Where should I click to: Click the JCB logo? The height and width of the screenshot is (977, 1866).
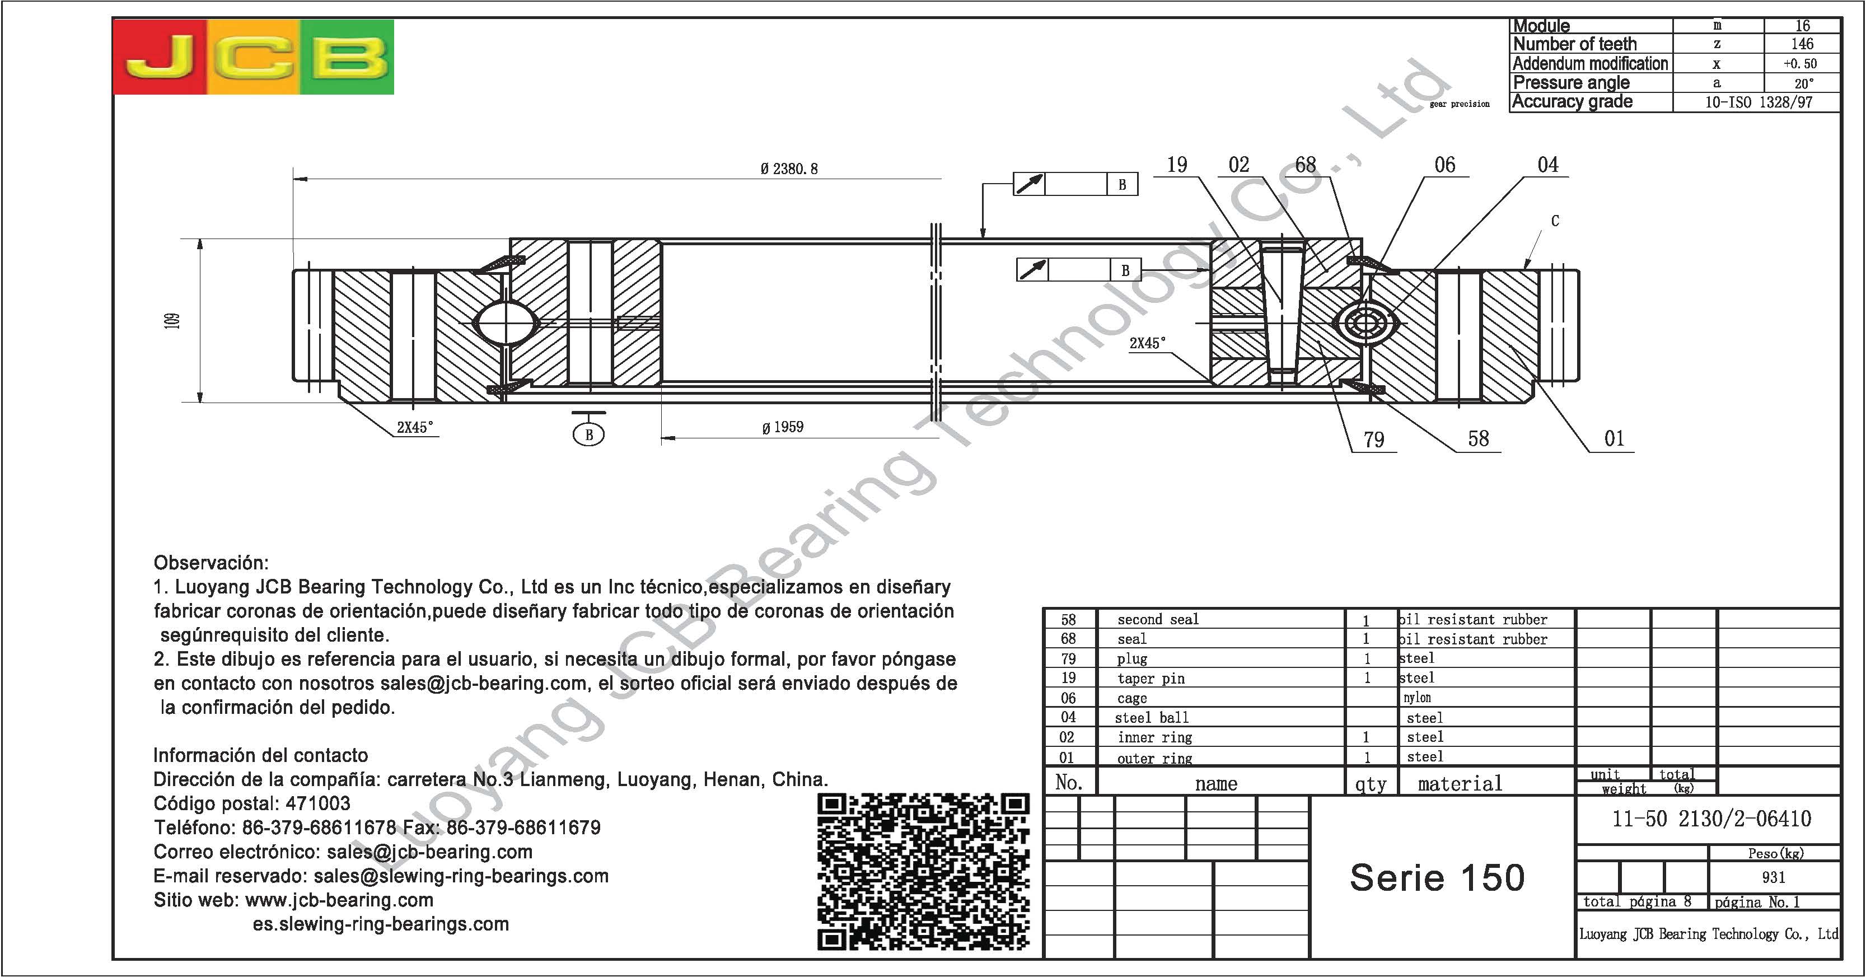point(254,57)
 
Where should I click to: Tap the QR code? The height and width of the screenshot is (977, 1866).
point(924,872)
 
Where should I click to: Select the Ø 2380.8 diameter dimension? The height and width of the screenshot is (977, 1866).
point(789,169)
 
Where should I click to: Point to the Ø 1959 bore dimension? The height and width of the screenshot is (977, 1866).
point(782,427)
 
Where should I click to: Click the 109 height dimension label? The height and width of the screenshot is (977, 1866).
point(172,320)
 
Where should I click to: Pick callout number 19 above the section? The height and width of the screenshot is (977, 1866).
point(1177,165)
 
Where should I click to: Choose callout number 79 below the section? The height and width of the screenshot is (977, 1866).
point(1373,440)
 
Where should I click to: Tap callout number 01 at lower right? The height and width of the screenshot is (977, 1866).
point(1615,438)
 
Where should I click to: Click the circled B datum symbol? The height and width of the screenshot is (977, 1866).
point(589,434)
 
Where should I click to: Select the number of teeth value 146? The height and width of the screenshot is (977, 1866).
point(1802,44)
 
